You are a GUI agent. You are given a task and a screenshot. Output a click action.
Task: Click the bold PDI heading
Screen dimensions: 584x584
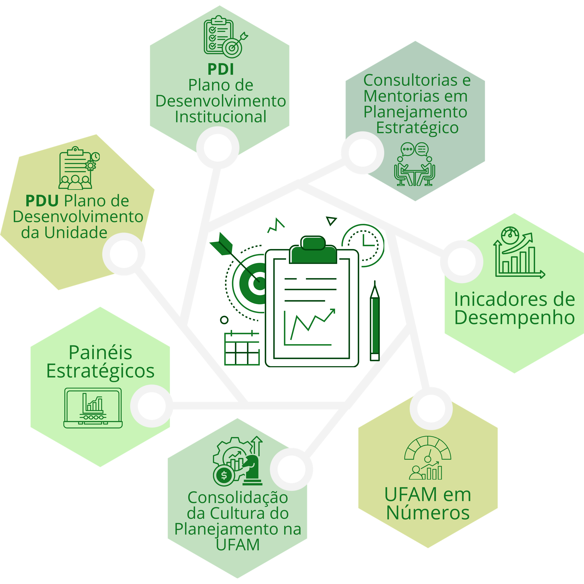221,69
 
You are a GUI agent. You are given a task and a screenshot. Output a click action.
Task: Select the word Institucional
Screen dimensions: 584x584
221,117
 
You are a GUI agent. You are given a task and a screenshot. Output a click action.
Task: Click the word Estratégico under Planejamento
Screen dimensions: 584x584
417,128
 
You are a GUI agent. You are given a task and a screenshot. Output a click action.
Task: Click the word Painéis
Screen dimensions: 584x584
100,353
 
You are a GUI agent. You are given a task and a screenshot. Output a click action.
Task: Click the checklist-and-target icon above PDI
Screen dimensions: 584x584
225,37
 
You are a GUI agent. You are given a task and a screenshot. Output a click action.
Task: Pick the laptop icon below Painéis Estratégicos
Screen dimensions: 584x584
93,408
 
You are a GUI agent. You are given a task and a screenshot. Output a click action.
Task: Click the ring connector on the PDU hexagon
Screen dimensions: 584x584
124,254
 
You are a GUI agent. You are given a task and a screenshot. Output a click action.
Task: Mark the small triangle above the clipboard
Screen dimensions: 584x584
331,221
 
